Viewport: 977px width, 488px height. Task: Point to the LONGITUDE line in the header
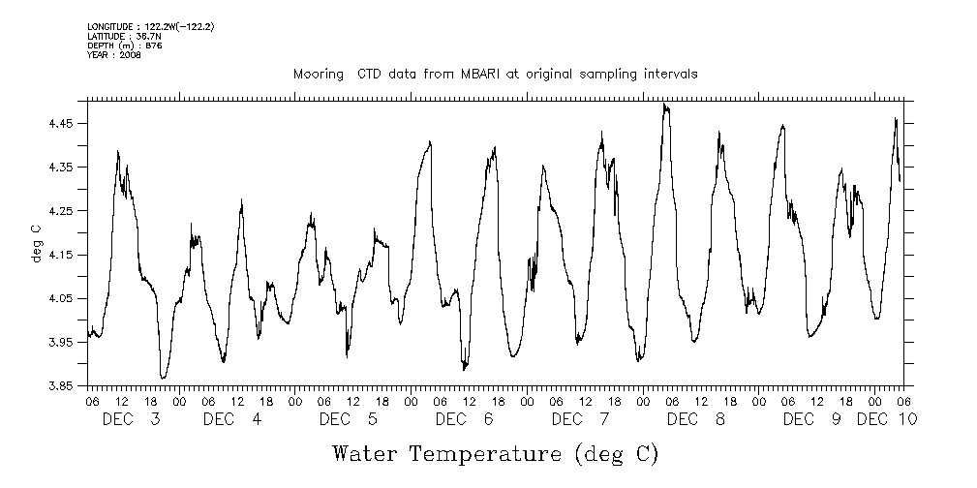pyautogui.click(x=150, y=26)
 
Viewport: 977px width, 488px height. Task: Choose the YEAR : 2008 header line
pyautogui.click(x=113, y=55)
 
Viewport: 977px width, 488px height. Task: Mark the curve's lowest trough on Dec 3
pyautogui.click(x=163, y=378)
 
